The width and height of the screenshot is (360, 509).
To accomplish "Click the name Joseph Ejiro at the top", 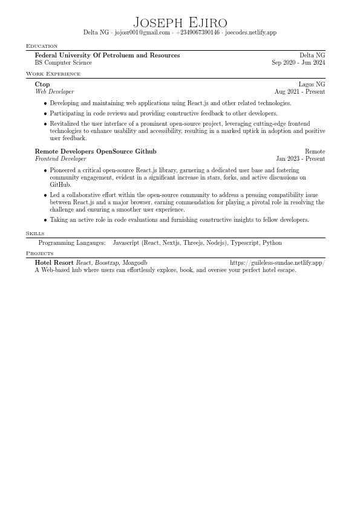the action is pos(180,22).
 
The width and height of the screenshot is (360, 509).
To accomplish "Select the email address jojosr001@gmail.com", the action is pos(142,33).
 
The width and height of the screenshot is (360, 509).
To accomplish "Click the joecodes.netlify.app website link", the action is pos(250,33).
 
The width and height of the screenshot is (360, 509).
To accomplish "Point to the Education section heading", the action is pos(42,46).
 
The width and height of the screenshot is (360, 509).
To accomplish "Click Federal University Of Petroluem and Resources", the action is pos(107,55).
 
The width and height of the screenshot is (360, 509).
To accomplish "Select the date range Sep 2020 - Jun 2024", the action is pos(298,62).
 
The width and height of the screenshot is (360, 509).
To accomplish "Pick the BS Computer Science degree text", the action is pos(64,62).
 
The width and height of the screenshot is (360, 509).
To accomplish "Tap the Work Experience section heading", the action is pos(53,74).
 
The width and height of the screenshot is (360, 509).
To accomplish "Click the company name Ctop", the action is pos(42,84).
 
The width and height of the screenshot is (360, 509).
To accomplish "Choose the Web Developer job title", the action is pos(54,91).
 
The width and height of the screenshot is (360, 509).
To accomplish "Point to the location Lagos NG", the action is pos(312,84).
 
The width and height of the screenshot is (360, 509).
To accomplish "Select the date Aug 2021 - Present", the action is pos(299,91).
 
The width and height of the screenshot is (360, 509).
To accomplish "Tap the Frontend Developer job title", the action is pos(61,158).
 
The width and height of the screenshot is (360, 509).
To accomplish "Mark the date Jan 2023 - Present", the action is pos(300,158).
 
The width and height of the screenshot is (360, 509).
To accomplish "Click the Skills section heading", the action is pos(34,233).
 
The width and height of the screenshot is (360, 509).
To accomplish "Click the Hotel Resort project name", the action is pos(54,263).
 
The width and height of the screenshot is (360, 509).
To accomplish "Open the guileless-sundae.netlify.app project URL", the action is pos(277,263).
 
